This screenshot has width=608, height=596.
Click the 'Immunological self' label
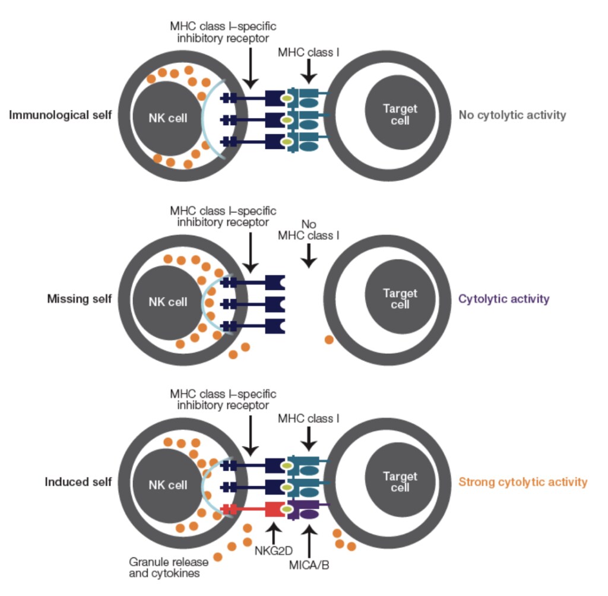(x=61, y=115)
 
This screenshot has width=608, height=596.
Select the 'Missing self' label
(x=80, y=299)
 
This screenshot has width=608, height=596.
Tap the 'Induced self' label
(x=78, y=481)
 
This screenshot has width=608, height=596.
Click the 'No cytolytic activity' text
(x=512, y=115)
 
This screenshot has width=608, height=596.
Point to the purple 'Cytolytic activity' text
(x=503, y=299)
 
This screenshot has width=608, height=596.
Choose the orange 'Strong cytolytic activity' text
(x=522, y=482)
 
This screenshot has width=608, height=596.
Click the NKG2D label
(x=273, y=551)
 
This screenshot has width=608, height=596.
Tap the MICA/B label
(x=309, y=565)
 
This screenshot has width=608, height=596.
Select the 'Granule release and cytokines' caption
(x=169, y=568)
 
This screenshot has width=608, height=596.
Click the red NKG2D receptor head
(x=275, y=509)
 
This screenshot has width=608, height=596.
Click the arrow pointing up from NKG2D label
(x=274, y=533)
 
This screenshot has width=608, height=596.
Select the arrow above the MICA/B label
(x=309, y=542)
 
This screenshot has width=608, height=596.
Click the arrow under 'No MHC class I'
(x=309, y=255)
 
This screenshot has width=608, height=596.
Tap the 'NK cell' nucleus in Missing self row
(x=167, y=303)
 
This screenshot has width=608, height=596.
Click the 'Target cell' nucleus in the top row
(x=400, y=112)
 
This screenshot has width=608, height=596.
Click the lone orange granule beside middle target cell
(x=329, y=340)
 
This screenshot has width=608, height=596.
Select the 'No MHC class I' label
(x=309, y=230)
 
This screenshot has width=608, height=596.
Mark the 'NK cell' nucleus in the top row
(x=167, y=119)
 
